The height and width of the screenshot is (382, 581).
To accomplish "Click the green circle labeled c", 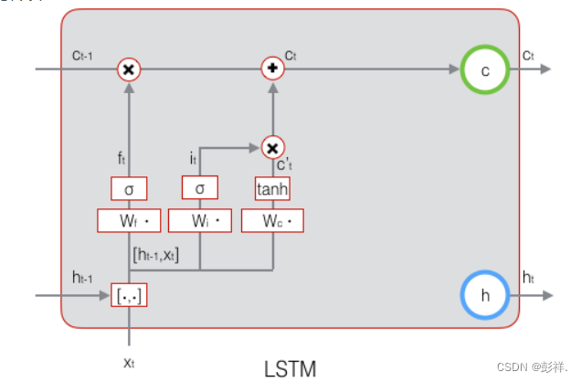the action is click(485, 47).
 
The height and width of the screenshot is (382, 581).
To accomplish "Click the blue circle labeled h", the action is click(485, 272).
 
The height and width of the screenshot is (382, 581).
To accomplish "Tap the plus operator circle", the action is click(273, 69).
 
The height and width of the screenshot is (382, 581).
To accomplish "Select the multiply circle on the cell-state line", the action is click(129, 69).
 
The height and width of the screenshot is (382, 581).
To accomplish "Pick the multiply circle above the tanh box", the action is click(273, 148).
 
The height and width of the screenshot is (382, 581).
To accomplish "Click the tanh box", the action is click(272, 189).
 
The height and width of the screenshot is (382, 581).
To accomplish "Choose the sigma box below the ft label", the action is click(129, 189).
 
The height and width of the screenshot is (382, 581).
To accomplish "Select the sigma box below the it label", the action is click(200, 188).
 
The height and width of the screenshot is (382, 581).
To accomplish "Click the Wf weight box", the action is click(129, 221).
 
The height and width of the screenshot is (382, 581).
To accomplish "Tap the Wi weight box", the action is click(200, 221).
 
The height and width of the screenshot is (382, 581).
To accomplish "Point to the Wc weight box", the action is click(272, 221).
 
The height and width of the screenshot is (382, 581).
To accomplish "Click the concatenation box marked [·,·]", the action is click(129, 295).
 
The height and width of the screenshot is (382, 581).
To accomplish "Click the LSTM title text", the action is click(290, 369).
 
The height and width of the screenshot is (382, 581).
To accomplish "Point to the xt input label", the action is click(129, 363).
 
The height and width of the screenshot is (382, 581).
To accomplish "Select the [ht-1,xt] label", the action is click(156, 255).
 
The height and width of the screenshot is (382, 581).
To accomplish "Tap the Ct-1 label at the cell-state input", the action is click(82, 56).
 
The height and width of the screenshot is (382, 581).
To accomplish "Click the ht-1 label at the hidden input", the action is click(82, 277).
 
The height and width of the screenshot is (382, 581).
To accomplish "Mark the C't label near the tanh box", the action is click(285, 164).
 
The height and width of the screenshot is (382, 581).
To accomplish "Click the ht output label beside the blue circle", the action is click(528, 277).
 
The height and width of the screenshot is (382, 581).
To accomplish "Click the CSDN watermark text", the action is click(532, 367).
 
